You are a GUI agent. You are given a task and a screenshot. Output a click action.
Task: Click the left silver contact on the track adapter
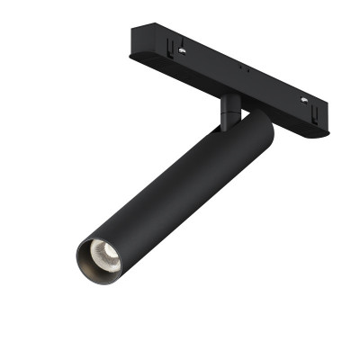(x=184, y=51)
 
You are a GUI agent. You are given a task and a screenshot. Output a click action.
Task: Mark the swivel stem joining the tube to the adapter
(x=229, y=112)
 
